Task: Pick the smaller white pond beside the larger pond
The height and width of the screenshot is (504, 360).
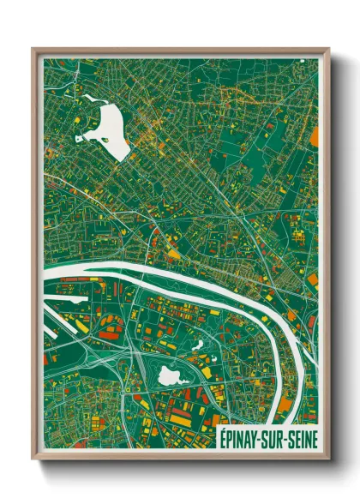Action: (197, 345)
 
